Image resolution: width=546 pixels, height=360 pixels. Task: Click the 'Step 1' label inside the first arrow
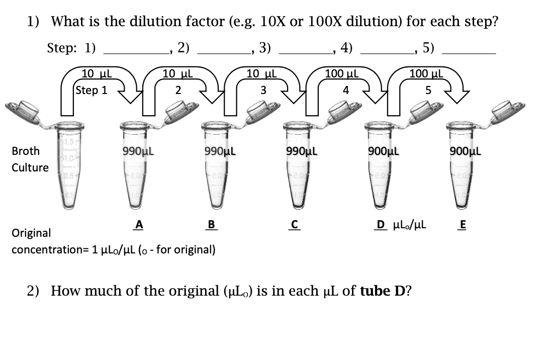tap(92, 91)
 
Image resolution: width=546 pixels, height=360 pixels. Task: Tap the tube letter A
tap(139, 226)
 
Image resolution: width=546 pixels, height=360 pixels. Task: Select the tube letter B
tap(212, 226)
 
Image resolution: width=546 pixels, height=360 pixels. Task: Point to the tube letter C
tap(295, 226)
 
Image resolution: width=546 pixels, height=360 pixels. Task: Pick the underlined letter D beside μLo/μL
tap(382, 226)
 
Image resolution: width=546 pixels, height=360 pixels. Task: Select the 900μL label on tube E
tap(466, 150)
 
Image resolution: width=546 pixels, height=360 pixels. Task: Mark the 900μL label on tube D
tap(384, 150)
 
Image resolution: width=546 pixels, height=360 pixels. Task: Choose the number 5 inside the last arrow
tap(428, 91)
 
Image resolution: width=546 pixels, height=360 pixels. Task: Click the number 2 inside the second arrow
tap(177, 91)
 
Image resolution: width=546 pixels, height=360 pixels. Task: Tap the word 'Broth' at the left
tap(26, 150)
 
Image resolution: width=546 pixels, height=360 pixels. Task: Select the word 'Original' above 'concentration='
tap(31, 233)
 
